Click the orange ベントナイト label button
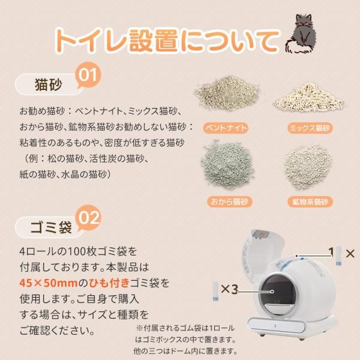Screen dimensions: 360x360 (x=225, y=128)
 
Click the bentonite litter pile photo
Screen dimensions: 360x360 (x=226, y=97)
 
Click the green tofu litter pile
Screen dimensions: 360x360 (x=226, y=166)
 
